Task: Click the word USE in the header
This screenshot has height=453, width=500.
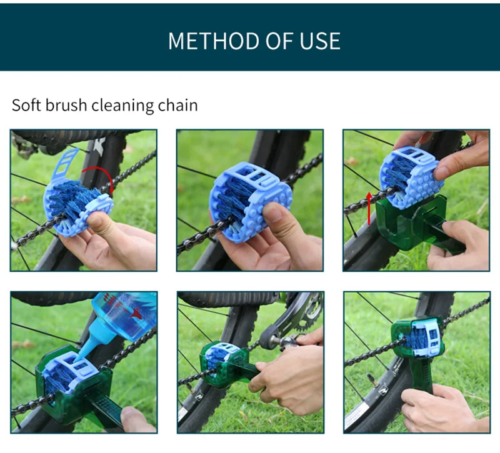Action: point(320,41)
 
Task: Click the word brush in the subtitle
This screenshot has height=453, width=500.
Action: point(66,105)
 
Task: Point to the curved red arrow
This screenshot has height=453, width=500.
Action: point(101,172)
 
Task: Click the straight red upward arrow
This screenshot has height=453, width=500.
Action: point(369,208)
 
